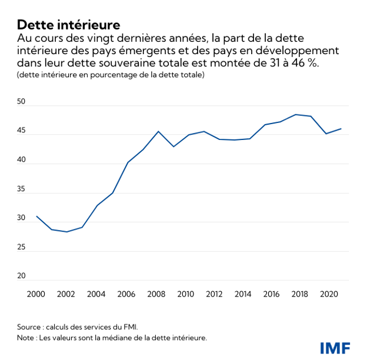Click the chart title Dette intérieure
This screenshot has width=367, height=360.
click(68, 25)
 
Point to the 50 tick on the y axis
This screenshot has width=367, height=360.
click(22, 102)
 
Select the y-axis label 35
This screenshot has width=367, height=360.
click(22, 189)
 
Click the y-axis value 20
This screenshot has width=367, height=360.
click(22, 276)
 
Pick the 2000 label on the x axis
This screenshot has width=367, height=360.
click(36, 294)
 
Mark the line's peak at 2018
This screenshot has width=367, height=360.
click(295, 115)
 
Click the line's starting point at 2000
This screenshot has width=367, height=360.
click(36, 216)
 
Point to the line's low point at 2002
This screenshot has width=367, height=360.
click(67, 232)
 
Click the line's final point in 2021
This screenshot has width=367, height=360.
click(341, 129)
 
